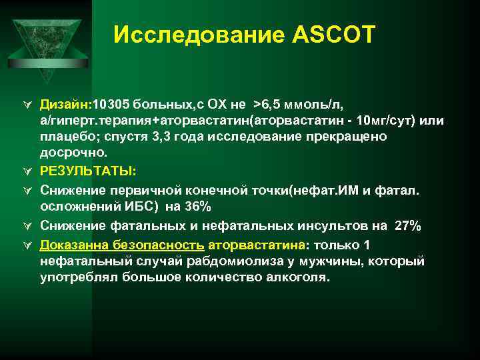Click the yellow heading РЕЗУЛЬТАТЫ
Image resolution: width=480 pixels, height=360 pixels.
tap(87, 170)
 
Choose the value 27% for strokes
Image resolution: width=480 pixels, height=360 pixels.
tap(407, 226)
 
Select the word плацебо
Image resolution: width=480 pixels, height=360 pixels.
tap(66, 136)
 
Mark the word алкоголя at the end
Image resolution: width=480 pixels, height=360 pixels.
tap(293, 277)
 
